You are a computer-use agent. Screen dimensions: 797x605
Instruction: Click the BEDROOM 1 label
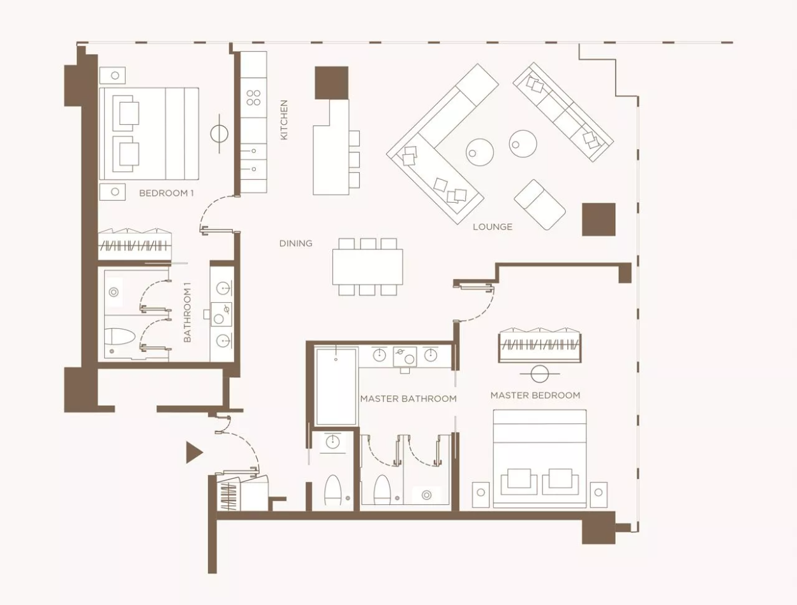point(167,193)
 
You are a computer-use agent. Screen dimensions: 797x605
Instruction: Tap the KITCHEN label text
point(284,120)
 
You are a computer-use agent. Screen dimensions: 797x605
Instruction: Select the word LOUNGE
point(493,227)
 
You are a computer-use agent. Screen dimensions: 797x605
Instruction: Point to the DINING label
point(295,244)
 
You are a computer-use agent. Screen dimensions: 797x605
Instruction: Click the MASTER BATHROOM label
point(408,398)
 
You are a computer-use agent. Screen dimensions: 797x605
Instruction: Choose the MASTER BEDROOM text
point(535,395)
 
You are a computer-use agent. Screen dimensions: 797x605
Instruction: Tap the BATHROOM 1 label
point(188,312)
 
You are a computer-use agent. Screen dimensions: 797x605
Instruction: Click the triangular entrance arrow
point(193,452)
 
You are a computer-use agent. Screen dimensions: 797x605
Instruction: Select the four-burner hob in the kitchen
point(253,98)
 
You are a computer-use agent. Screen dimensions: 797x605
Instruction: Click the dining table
point(368,267)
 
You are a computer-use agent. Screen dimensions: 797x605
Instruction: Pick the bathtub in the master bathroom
point(336,386)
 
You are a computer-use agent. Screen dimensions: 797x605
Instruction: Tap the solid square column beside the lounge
point(599,219)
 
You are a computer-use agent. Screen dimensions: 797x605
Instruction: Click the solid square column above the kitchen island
point(331,83)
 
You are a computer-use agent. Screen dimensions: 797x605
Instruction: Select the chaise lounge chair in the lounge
point(540,205)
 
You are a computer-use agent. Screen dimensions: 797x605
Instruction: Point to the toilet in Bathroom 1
point(119,337)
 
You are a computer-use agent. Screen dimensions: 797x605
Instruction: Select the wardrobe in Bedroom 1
point(135,244)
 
